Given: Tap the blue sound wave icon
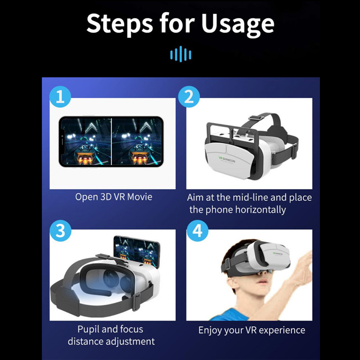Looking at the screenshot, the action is [x=181, y=54].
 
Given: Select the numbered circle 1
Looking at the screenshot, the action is [x=60, y=96].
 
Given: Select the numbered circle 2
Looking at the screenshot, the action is [x=189, y=96].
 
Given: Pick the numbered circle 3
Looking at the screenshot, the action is [x=60, y=230].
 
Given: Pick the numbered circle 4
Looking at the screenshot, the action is [x=197, y=230].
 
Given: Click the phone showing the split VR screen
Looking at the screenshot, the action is [x=111, y=141].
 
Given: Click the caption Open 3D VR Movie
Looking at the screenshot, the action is [x=114, y=197].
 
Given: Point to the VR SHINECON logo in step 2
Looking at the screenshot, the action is [x=227, y=159].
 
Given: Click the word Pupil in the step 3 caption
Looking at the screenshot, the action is [x=88, y=330].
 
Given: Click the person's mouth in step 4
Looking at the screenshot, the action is [x=263, y=282].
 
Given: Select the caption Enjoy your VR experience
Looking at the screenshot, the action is [x=252, y=330].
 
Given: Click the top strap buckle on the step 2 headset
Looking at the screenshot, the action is [x=256, y=117].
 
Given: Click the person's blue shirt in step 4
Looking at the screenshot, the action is [x=229, y=314].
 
